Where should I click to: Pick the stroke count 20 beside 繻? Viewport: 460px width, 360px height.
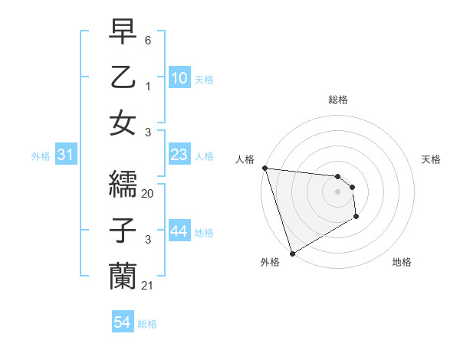click(148, 194)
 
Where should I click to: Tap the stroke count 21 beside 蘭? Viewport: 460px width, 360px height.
click(148, 286)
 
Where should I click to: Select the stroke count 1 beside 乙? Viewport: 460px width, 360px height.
click(148, 86)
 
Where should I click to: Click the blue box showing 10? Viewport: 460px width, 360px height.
click(179, 78)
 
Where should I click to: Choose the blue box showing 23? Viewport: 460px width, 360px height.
click(179, 155)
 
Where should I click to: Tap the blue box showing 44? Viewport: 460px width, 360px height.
click(179, 232)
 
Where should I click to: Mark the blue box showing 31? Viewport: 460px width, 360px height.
click(65, 155)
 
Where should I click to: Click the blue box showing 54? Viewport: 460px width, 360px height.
click(122, 323)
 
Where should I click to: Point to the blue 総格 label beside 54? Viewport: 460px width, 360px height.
click(147, 324)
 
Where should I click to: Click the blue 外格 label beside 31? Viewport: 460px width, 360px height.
click(41, 156)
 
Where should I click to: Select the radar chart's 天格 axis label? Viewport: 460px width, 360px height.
click(432, 159)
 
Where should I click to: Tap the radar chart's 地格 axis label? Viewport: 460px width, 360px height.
click(402, 262)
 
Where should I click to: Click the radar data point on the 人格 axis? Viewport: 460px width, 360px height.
click(264, 168)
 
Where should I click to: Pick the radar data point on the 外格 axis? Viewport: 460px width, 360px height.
click(292, 253)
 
